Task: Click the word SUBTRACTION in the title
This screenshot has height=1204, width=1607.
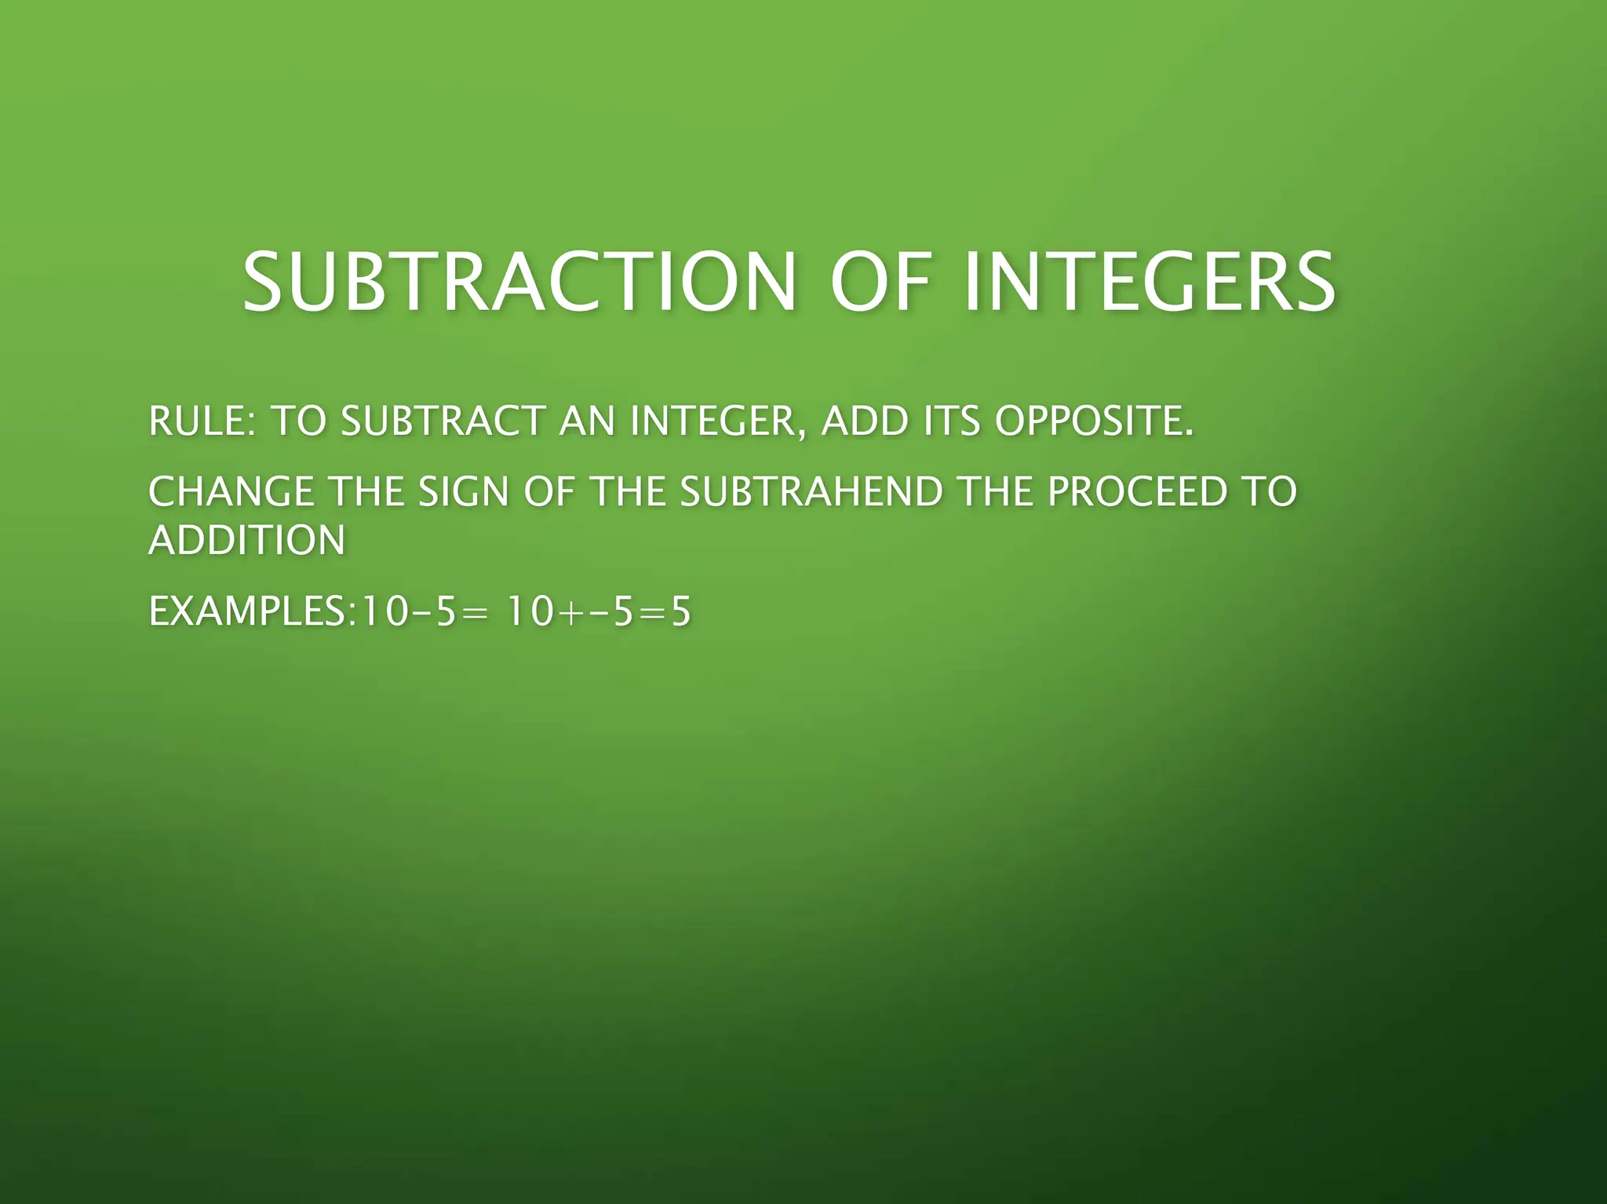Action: pos(519,282)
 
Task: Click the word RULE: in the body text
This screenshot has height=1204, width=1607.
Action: pos(201,421)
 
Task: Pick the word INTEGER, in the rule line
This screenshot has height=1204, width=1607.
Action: pos(717,421)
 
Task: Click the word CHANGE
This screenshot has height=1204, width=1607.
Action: pos(231,492)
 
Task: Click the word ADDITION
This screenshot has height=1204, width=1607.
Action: pos(247,540)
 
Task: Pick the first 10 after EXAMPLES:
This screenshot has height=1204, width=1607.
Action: pos(381,611)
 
